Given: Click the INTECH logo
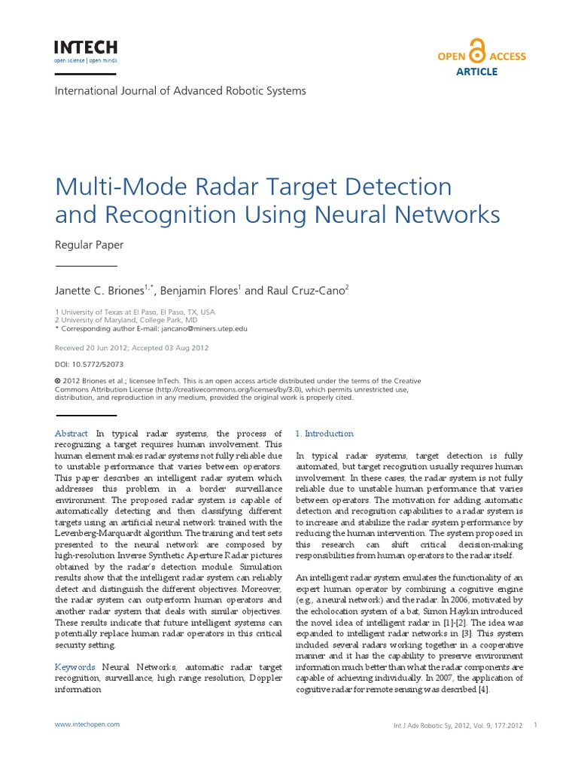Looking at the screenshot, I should [x=86, y=51].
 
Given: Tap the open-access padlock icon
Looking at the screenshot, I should [x=476, y=51].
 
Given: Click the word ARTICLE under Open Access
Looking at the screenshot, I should [x=477, y=72].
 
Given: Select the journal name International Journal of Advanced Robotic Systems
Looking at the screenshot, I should [x=181, y=90].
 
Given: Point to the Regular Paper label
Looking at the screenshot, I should [x=90, y=245].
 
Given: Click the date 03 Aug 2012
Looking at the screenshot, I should [x=182, y=348].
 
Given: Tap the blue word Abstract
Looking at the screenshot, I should [x=71, y=434].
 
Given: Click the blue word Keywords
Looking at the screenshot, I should [x=75, y=667].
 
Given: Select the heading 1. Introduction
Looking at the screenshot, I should [x=324, y=434].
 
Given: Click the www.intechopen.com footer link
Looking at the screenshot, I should [x=87, y=724].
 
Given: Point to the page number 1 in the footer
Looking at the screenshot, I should [x=534, y=726].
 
